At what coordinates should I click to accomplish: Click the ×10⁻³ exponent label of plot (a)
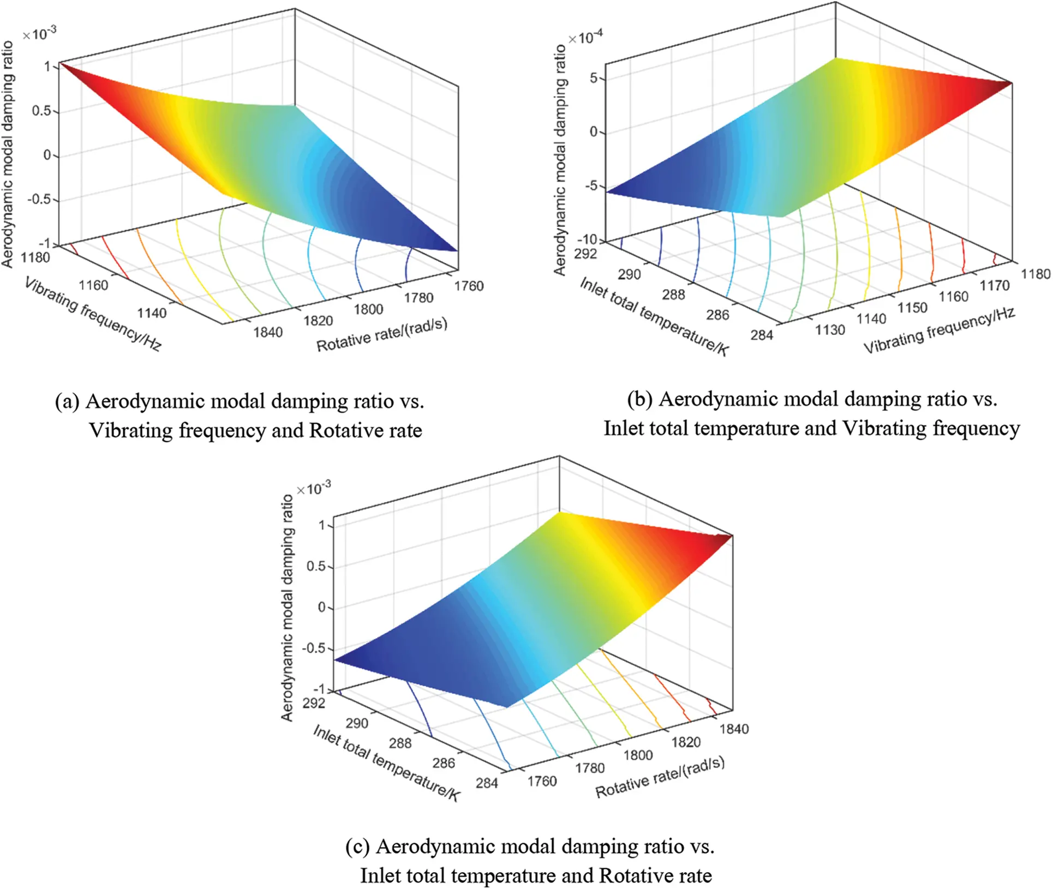(39, 34)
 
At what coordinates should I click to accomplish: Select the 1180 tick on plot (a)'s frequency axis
(36, 257)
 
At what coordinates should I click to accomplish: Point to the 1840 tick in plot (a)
(268, 332)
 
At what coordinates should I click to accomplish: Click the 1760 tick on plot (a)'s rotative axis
(469, 286)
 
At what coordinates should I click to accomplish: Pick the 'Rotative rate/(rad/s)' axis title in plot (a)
(382, 334)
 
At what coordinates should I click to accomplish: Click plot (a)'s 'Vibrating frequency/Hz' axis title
(93, 314)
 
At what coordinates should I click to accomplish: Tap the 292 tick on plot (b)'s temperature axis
(586, 254)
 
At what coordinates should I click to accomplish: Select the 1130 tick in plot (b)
(830, 330)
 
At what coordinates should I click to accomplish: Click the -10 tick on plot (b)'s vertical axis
(588, 239)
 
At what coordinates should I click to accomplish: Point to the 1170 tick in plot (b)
(995, 285)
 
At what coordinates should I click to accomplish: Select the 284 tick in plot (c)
(487, 783)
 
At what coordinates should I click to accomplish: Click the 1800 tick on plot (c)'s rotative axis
(638, 755)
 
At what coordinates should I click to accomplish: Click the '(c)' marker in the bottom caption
(357, 846)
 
